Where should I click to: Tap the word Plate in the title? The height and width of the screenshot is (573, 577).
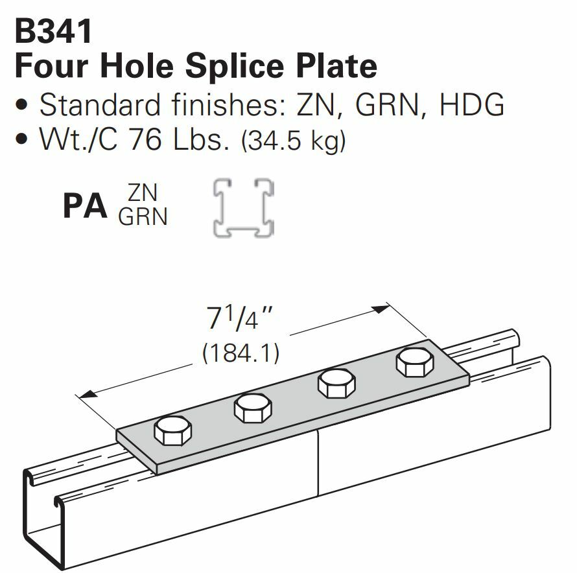(338, 65)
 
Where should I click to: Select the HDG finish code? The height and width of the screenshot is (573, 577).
(471, 104)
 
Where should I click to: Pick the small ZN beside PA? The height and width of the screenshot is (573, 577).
(143, 193)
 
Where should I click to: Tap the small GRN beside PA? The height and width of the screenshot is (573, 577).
(143, 216)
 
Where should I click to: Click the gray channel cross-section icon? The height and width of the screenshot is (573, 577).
(244, 207)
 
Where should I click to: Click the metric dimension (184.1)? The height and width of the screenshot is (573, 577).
(241, 353)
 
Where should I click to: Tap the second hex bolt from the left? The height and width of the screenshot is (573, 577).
(253, 408)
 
